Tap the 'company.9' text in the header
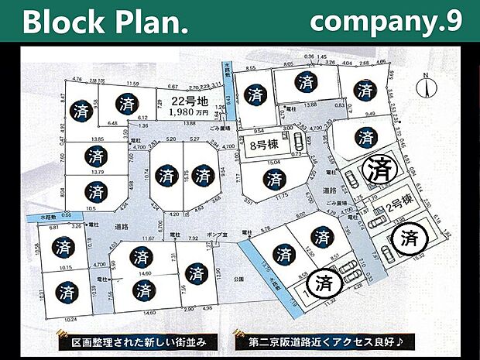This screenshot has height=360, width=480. coord(385,22)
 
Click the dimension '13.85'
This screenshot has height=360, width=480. coord(97,139)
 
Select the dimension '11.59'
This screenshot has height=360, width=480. coord(133,83)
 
